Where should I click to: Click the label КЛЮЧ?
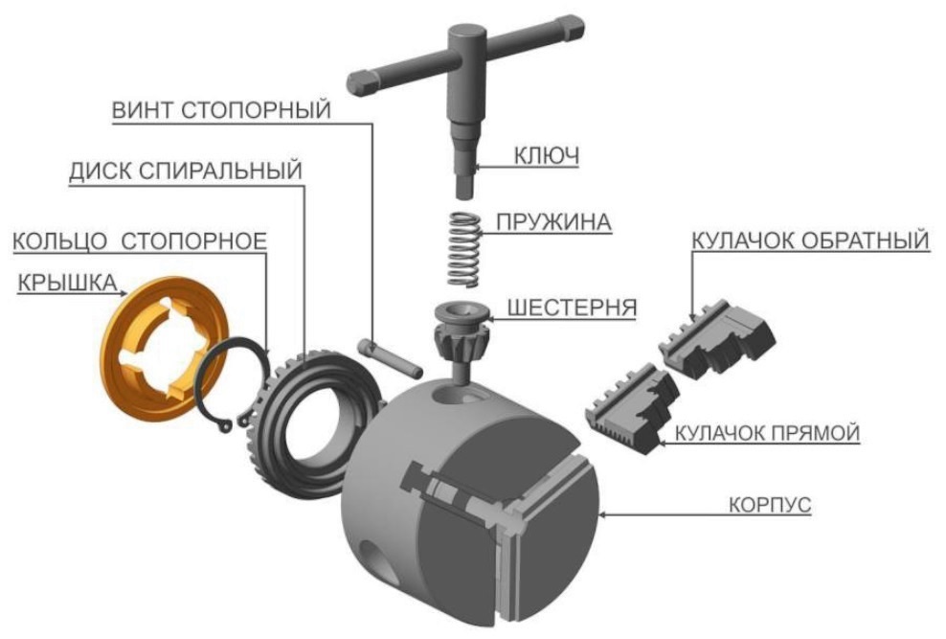(x=546, y=155)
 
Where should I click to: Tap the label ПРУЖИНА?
(x=553, y=222)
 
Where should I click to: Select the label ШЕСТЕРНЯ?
(x=572, y=308)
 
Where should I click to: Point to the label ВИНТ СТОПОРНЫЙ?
(x=221, y=110)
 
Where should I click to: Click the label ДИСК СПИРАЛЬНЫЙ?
(x=185, y=171)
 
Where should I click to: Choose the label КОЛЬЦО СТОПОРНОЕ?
(x=140, y=240)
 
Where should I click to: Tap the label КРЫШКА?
(x=67, y=283)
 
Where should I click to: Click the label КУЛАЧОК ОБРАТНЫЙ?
(x=810, y=240)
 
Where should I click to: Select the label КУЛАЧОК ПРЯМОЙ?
(x=766, y=433)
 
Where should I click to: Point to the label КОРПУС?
(x=769, y=504)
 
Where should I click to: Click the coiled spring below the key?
(x=464, y=248)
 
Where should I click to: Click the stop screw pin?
(x=390, y=357)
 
